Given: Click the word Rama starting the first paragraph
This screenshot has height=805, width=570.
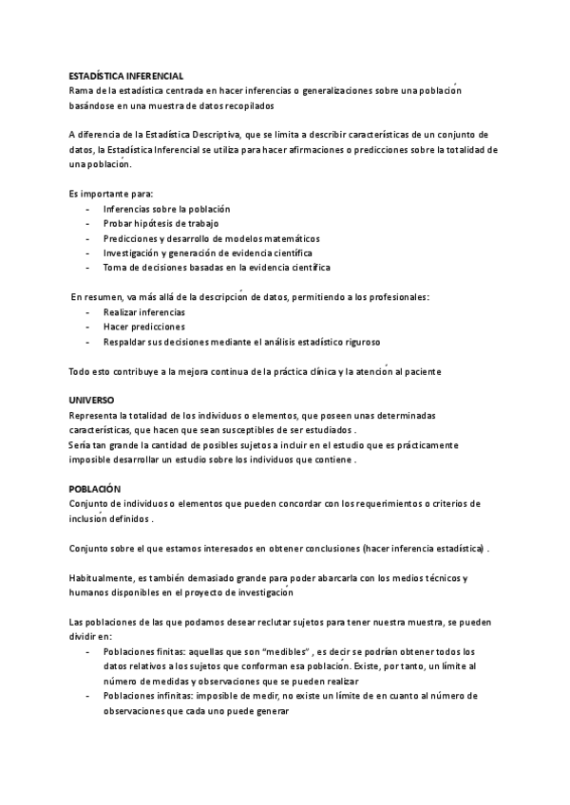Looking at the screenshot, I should pos(81,90).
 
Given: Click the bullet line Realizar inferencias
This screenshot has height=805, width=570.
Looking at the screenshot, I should pos(144,311).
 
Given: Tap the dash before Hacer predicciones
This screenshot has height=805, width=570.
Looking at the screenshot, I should pos(88,327).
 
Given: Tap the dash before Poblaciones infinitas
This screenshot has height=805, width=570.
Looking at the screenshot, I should pos(88,696).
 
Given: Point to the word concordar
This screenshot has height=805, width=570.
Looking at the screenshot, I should pos(278,503).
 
